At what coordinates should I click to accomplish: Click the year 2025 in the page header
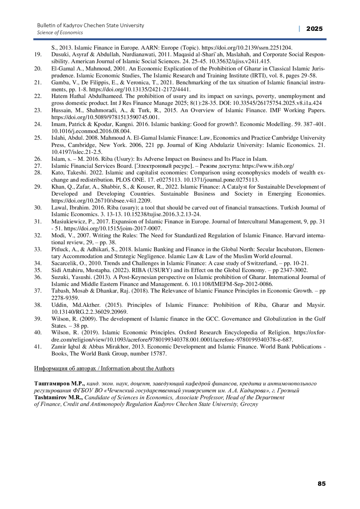(x=314, y=29)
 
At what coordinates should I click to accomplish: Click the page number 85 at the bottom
(x=321, y=484)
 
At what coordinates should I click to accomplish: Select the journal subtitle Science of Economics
(x=60, y=33)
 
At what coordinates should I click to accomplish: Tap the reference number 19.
(x=38, y=55)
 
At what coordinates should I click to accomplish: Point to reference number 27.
(x=38, y=166)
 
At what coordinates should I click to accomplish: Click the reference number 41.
(x=38, y=347)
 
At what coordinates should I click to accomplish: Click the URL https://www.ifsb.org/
(x=268, y=166)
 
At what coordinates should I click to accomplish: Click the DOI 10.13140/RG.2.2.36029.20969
(x=89, y=312)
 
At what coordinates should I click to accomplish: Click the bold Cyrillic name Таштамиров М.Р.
(x=59, y=384)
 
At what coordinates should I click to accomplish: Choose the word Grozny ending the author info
(x=249, y=404)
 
